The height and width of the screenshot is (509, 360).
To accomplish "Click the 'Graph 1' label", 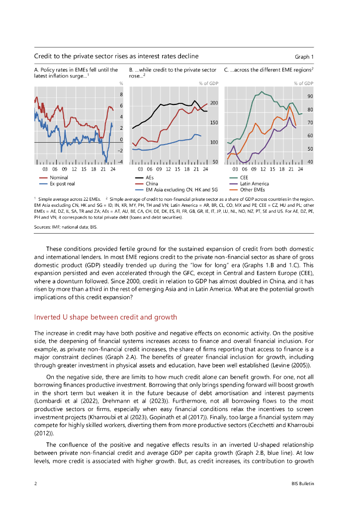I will [x=304, y=57].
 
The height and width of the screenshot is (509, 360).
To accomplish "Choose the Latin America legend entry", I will [x=254, y=183].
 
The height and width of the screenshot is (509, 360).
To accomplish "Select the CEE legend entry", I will [x=244, y=177].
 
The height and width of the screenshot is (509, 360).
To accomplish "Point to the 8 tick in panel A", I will [x=121, y=94].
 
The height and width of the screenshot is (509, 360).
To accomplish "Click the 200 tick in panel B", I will [x=214, y=103].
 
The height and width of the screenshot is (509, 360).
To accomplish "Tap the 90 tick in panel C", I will [x=310, y=96].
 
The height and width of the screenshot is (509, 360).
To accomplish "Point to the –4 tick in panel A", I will [x=120, y=162].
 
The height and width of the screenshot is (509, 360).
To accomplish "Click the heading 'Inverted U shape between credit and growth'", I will [x=105, y=317].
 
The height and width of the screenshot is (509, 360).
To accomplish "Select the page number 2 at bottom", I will [x=35, y=484].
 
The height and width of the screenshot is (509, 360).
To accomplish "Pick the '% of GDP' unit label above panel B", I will [x=208, y=84].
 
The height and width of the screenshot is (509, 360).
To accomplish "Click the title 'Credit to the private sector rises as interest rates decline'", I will [x=116, y=56].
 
